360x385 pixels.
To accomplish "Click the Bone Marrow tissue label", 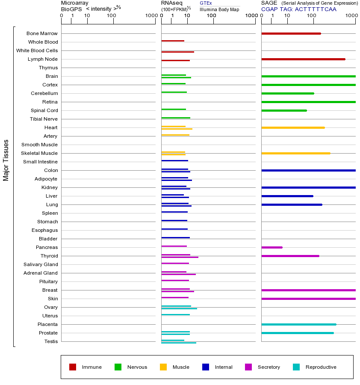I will pyautogui.click(x=42, y=33).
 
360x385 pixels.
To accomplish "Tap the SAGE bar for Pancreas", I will pyautogui.click(x=271, y=247).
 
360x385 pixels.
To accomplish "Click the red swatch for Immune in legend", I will pyautogui.click(x=73, y=367).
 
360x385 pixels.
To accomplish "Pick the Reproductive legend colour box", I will pyautogui.click(x=296, y=367).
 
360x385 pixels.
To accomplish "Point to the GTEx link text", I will pyautogui.click(x=206, y=3).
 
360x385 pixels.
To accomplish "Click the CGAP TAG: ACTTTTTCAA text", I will pyautogui.click(x=298, y=9).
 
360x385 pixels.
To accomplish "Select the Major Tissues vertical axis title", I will pyautogui.click(x=6, y=160).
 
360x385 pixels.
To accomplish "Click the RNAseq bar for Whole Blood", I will pyautogui.click(x=173, y=41).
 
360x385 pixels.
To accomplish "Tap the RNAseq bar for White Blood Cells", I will pyautogui.click(x=177, y=52).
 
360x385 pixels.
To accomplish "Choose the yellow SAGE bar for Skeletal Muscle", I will pyautogui.click(x=295, y=153).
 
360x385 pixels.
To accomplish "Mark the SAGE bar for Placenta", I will pyautogui.click(x=298, y=324).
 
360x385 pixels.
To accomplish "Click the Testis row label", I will pyautogui.click(x=51, y=341).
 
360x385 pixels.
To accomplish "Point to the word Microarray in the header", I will pyautogui.click(x=75, y=3).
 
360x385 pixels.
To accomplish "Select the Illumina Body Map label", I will pyautogui.click(x=219, y=9).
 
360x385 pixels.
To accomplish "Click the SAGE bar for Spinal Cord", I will pyautogui.click(x=284, y=110).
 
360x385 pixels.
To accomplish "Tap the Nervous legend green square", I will pyautogui.click(x=118, y=367).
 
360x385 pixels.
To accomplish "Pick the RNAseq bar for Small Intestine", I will pyautogui.click(x=174, y=160).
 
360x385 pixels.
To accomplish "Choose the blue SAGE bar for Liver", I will pyautogui.click(x=287, y=196).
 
